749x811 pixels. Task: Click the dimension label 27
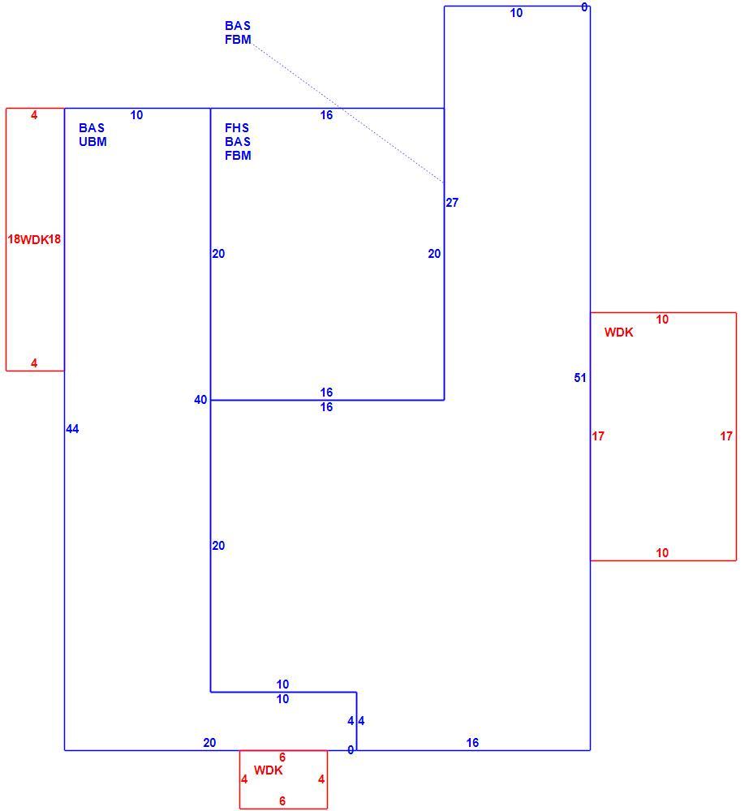pos(452,203)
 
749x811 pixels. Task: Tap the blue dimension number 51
pos(579,378)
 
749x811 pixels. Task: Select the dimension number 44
pos(72,429)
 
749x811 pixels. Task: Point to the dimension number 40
pos(200,400)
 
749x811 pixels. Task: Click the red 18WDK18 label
pos(34,239)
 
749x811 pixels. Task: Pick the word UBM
pos(93,142)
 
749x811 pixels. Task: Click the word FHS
pos(237,128)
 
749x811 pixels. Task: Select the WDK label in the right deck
pos(618,333)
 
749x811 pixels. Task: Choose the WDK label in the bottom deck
pos(268,770)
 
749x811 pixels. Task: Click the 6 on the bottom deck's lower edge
pos(282,801)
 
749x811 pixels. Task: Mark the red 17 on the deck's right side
pos(726,436)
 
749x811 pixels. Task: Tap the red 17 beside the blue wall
pos(598,436)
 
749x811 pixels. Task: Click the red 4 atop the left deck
pos(34,115)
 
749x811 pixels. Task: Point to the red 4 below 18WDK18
pos(34,363)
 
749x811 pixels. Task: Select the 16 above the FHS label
pos(326,115)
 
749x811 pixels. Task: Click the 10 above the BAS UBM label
pos(136,115)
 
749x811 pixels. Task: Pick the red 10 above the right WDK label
pos(662,320)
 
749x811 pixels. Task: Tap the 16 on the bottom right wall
pos(472,743)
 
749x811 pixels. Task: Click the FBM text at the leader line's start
pos(238,40)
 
